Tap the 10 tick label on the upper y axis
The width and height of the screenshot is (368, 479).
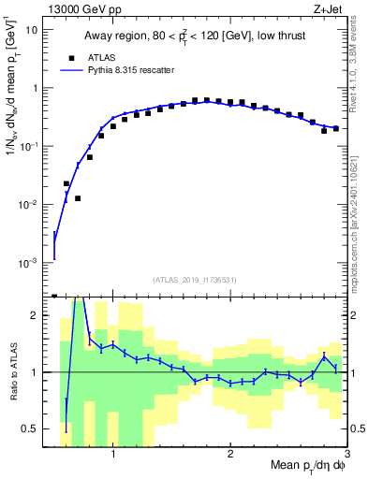point(33,30)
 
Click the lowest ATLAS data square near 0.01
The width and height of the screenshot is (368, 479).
point(78,198)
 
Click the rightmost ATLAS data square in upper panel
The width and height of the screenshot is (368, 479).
point(336,128)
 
